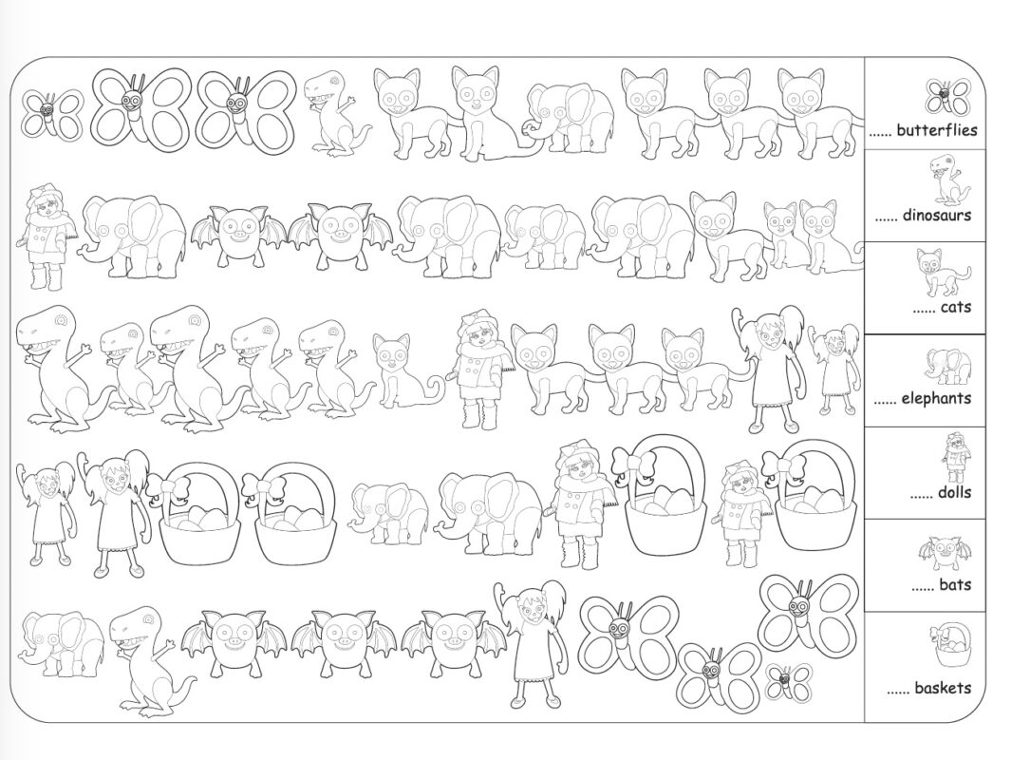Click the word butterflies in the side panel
pyautogui.click(x=937, y=130)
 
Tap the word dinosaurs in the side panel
pyautogui.click(x=937, y=215)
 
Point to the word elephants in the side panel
pyautogui.click(x=936, y=398)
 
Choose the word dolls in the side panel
pyautogui.click(x=954, y=492)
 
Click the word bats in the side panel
pyautogui.click(x=955, y=584)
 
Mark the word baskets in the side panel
pyautogui.click(x=943, y=688)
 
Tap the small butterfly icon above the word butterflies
pyautogui.click(x=946, y=97)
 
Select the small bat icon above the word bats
pyautogui.click(x=945, y=553)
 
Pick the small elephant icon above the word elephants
pyautogui.click(x=948, y=366)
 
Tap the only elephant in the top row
pyautogui.click(x=569, y=119)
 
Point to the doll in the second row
pyautogui.click(x=45, y=237)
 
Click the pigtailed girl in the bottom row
pyautogui.click(x=532, y=644)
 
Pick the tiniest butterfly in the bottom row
pyautogui.click(x=788, y=682)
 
